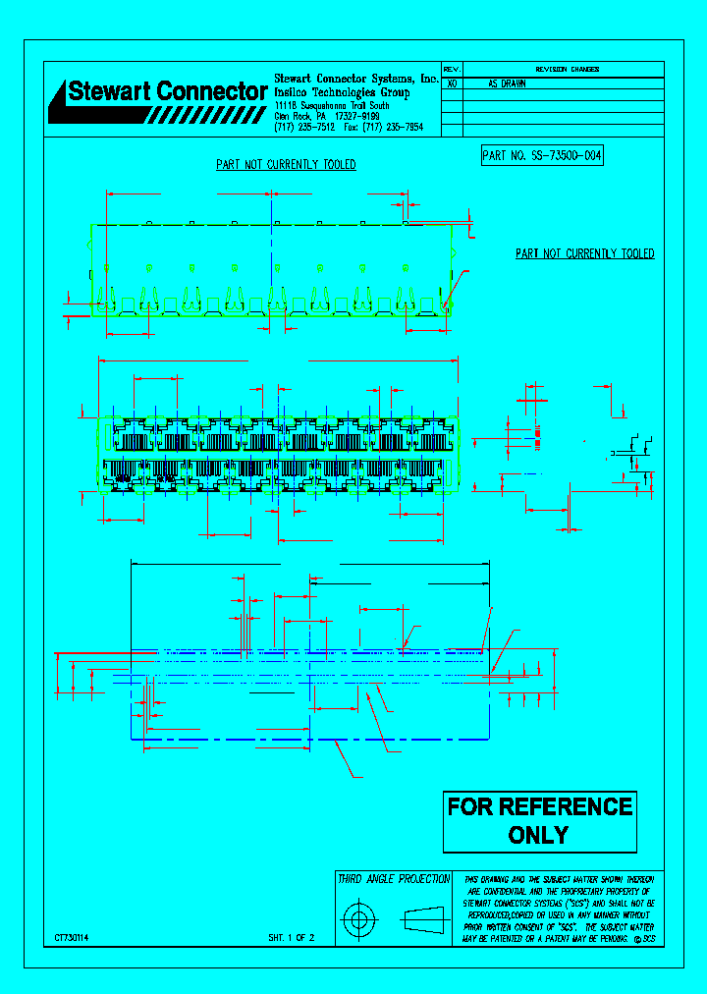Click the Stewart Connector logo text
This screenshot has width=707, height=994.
(x=165, y=91)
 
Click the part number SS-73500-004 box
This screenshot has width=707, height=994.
(x=541, y=155)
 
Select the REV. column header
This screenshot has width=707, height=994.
(x=452, y=70)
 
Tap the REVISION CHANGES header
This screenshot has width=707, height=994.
(x=567, y=70)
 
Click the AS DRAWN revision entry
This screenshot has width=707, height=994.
(x=508, y=84)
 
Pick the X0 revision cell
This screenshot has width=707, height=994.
(x=452, y=84)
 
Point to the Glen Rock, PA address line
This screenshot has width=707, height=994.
(x=327, y=116)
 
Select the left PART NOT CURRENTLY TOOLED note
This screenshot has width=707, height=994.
(x=286, y=165)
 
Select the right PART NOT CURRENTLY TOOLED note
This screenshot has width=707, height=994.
(x=584, y=253)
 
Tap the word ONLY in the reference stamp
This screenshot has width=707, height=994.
(x=538, y=836)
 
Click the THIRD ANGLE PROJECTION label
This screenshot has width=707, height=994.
(x=394, y=879)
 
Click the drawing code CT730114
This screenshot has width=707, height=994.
(x=72, y=938)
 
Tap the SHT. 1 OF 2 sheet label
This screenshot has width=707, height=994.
(x=291, y=938)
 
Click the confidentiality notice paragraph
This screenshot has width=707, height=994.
(x=559, y=909)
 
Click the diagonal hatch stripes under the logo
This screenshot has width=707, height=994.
(x=206, y=115)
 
